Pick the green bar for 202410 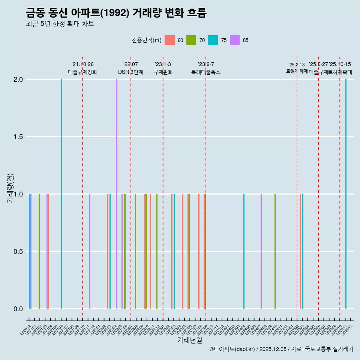coord(275,251)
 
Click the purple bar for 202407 coord(261,251)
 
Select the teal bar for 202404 coord(244,251)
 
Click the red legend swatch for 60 coord(170,40)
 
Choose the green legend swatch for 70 coord(192,40)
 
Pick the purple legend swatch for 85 coord(235,40)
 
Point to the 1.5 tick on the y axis coord(18,137)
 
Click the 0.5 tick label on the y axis coord(18,252)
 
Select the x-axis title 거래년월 coord(189,340)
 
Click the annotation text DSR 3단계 coord(130,72)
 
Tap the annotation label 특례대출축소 coord(206,72)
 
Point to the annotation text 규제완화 coord(163,72)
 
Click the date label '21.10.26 coord(82,64)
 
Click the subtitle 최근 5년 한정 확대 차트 coord(60,24)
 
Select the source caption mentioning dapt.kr coord(281,349)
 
